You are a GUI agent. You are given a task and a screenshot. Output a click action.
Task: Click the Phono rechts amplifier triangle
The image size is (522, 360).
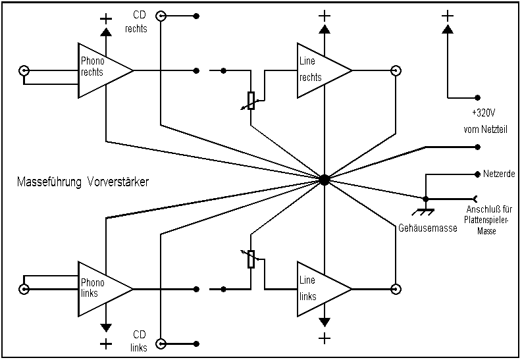(102, 70)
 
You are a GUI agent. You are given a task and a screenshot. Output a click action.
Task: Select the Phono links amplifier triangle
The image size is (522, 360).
(102, 288)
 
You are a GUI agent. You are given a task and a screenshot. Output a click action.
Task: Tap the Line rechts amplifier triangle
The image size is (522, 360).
(321, 70)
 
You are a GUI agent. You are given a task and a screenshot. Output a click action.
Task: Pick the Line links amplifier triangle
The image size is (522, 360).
(321, 288)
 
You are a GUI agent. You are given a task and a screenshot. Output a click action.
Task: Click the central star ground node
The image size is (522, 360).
(324, 179)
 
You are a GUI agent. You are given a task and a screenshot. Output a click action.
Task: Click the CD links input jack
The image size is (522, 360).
(161, 343)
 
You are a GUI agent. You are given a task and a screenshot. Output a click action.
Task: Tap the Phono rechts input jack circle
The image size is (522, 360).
(25, 70)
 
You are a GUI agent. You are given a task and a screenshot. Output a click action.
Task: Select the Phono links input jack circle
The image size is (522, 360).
(25, 288)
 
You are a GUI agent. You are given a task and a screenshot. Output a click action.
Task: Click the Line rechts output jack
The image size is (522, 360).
(396, 70)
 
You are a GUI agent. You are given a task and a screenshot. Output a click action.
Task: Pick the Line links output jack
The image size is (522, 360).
(396, 288)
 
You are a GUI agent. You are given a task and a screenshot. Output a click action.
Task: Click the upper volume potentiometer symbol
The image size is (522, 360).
(251, 101)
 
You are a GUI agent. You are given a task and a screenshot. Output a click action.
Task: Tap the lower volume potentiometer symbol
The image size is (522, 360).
(251, 259)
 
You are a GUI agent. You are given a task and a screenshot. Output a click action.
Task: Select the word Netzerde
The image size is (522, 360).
(498, 174)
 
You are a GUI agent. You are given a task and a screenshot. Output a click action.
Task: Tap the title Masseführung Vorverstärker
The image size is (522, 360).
(82, 182)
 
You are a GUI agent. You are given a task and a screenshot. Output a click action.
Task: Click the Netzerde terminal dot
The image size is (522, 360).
(476, 174)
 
